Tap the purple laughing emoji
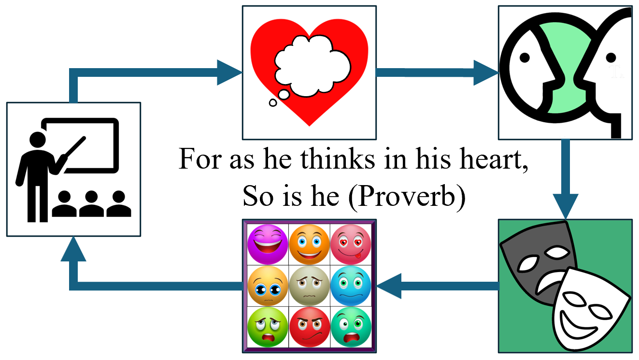267,244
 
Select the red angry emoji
309,327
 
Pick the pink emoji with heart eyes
351,244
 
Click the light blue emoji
351,285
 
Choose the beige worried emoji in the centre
309,285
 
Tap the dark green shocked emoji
351,327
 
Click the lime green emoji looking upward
267,327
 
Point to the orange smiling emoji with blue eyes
309,244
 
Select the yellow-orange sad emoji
267,285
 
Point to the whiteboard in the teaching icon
92,145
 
